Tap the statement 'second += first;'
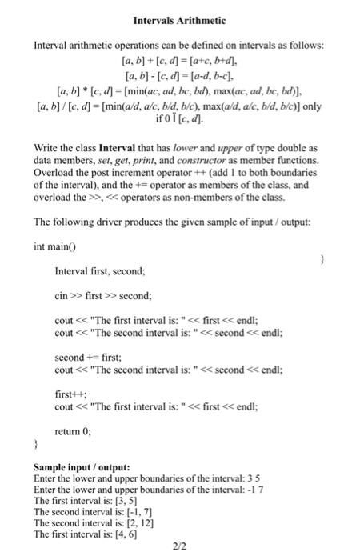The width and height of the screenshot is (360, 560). [x=82, y=358]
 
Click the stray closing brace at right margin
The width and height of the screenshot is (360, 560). [x=320, y=259]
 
